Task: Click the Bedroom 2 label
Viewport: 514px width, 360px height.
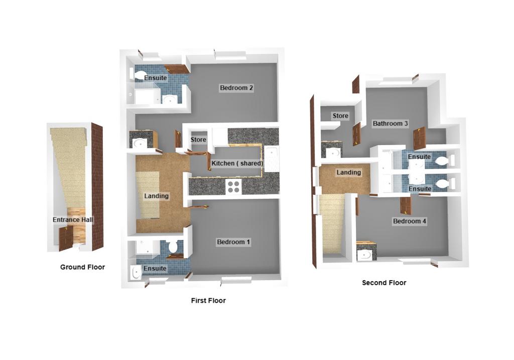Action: (236, 88)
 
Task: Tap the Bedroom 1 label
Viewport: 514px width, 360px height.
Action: (233, 242)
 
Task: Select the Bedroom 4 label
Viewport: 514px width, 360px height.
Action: (410, 221)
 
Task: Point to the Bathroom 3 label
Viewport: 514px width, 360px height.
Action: (390, 124)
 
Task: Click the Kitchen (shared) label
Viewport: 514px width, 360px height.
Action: (237, 163)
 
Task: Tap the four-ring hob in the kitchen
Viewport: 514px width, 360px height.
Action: (234, 187)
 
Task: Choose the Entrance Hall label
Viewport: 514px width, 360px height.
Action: (73, 220)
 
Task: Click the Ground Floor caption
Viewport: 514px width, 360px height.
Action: (83, 267)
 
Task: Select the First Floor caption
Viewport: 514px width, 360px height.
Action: (208, 301)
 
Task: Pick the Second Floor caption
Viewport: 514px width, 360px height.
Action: (384, 283)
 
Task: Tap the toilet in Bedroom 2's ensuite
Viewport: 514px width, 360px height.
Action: (141, 76)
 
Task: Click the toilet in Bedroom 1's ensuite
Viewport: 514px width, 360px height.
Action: (173, 246)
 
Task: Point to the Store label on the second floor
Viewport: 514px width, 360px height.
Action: (340, 116)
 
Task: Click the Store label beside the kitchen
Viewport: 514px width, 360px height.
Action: (198, 140)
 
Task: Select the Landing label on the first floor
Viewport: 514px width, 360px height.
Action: (157, 196)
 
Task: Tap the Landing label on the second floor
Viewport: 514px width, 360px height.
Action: (348, 172)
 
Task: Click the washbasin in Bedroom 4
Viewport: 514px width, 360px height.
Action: (364, 255)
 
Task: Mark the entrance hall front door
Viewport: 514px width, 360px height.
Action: (66, 238)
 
